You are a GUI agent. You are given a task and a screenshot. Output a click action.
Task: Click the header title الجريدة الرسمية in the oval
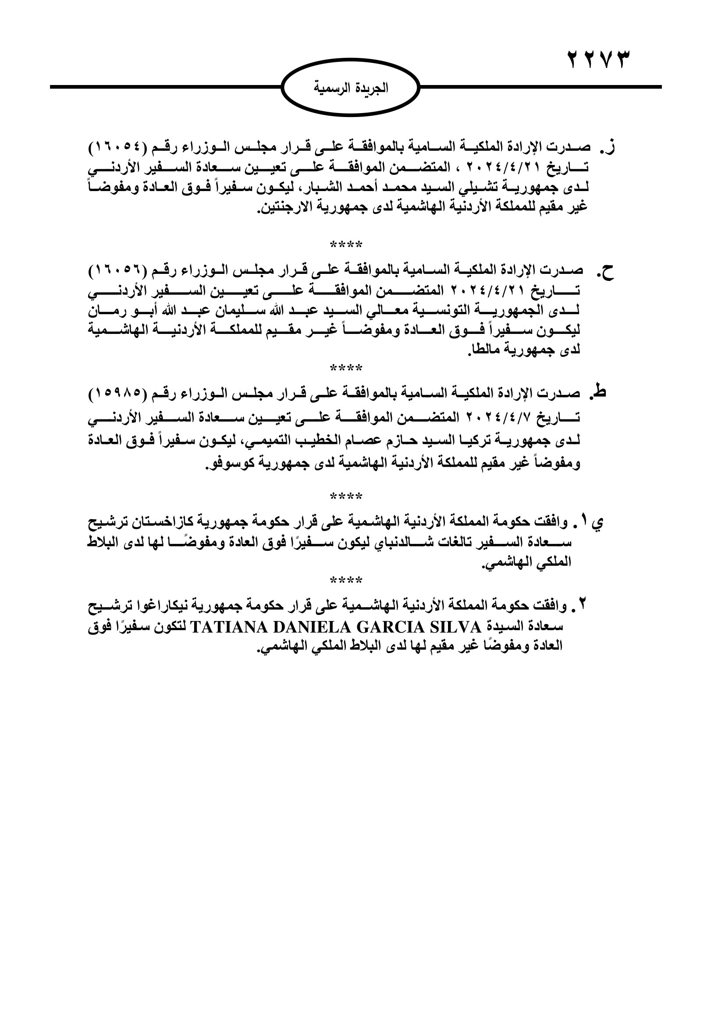[x=352, y=88]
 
